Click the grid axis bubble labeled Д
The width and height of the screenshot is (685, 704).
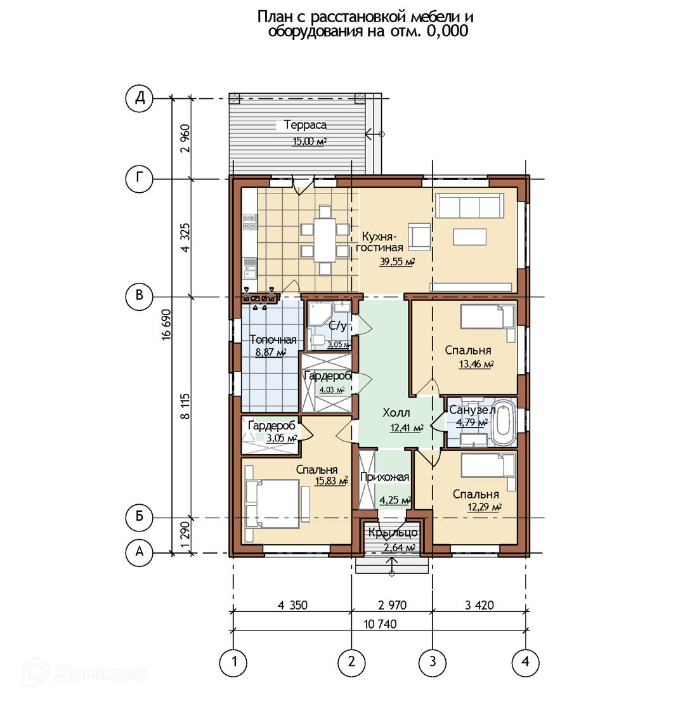(x=140, y=98)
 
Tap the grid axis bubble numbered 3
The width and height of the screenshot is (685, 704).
(x=433, y=662)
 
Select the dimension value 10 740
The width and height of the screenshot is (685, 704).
(x=380, y=624)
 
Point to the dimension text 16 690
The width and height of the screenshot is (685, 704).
(x=166, y=324)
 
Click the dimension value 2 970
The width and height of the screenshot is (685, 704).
(x=392, y=605)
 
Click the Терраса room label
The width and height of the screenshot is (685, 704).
(x=305, y=125)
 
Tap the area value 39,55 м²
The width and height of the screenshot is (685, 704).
(x=397, y=261)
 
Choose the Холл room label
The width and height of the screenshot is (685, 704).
(x=396, y=413)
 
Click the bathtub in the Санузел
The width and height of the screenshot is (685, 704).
(x=504, y=423)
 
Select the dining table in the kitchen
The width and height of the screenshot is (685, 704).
(x=325, y=240)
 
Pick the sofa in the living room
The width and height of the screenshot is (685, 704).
(x=469, y=205)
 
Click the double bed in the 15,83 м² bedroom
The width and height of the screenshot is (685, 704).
(x=272, y=504)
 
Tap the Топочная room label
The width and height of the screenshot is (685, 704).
(x=273, y=340)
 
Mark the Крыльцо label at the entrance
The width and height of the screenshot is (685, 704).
(x=393, y=533)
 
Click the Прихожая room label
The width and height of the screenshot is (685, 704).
(x=385, y=477)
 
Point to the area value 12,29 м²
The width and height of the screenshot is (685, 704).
(x=485, y=507)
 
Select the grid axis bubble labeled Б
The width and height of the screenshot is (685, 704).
(x=140, y=517)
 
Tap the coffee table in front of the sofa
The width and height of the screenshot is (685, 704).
(x=469, y=237)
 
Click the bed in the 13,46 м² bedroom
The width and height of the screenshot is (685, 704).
(x=488, y=316)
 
